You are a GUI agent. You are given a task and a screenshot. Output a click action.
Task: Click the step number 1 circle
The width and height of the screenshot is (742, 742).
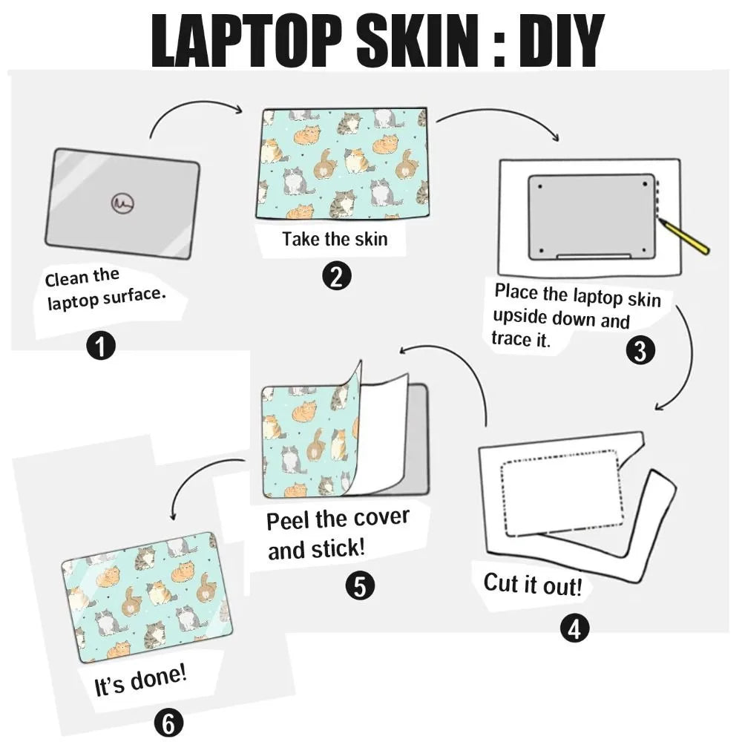click(101, 347)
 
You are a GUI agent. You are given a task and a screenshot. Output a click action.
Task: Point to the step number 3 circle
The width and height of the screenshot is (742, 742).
click(640, 350)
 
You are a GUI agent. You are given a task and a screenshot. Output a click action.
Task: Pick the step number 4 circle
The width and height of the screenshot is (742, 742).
click(574, 629)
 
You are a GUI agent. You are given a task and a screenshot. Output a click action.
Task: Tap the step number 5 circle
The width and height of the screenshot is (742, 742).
click(359, 586)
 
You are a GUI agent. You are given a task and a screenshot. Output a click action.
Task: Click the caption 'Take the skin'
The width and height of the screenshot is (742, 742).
click(335, 240)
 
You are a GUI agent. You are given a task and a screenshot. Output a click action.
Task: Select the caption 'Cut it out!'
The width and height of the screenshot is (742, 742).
click(533, 584)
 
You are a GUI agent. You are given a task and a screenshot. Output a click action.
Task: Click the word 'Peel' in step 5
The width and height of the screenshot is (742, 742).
click(289, 520)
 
